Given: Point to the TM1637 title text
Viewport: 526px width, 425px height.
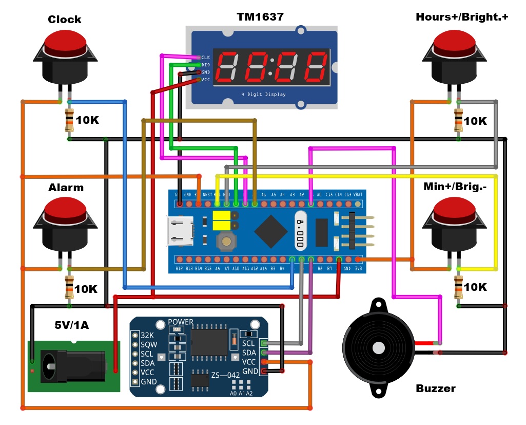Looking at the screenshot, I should click(260, 17).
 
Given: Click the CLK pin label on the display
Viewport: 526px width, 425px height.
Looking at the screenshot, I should click(205, 58).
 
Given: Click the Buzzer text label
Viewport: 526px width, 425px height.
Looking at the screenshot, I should click(435, 389).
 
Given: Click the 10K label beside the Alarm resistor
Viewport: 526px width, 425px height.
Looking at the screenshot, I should click(86, 289).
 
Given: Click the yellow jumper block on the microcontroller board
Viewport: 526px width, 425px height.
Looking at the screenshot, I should click(221, 221).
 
